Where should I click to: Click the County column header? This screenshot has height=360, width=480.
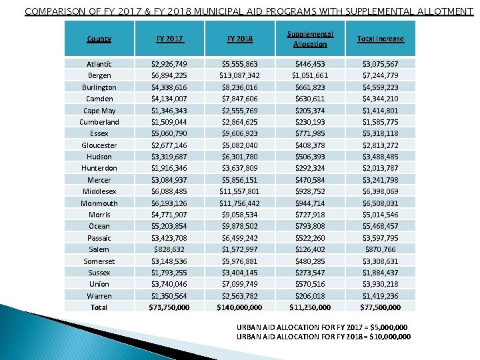pos(99,39)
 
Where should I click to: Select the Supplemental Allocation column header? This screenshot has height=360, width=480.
pos(310,39)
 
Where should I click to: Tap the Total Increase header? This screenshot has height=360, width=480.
pos(380,39)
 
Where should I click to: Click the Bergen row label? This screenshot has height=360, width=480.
pos(99,75)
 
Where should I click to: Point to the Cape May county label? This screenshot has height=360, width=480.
pos(99,110)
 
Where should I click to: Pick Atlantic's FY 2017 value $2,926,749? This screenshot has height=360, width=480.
pos(169,64)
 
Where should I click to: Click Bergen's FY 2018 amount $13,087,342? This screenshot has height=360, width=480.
pos(239,75)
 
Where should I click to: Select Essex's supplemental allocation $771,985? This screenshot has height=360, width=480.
pos(310,133)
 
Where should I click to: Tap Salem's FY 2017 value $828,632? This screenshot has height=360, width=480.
pos(169,249)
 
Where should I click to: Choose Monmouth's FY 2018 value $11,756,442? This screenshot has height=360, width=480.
pos(239,203)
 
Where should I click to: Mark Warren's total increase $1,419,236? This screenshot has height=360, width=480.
pos(380,295)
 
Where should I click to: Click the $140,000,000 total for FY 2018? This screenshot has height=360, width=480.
pos(239,307)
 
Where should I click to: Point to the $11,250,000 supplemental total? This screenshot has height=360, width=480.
pos(310,307)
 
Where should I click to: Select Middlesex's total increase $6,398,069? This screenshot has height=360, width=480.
pos(380,191)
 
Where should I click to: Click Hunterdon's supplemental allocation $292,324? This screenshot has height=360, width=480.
pos(310,168)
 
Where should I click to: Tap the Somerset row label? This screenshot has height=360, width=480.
pos(99,261)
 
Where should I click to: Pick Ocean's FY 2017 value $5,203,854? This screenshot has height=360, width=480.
pos(169,226)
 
